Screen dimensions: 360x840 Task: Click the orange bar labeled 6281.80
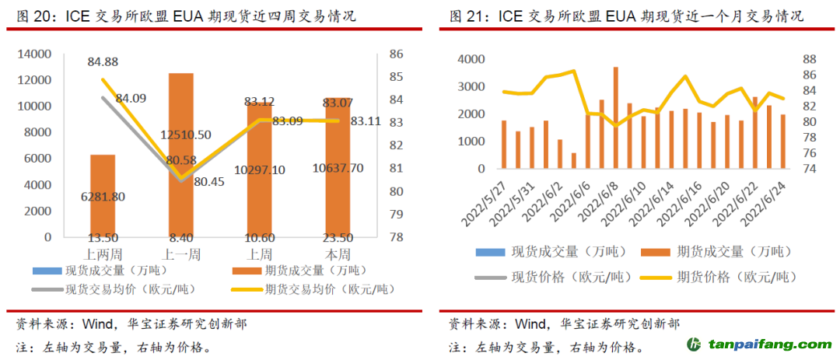pos(103,194)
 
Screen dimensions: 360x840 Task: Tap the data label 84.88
pos(103,62)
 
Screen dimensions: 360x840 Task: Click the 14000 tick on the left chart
pos(36,54)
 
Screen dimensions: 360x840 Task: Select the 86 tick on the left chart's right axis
pos(396,54)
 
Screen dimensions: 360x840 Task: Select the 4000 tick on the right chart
pos(472,59)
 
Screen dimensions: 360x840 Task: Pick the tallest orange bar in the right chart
pos(615,117)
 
